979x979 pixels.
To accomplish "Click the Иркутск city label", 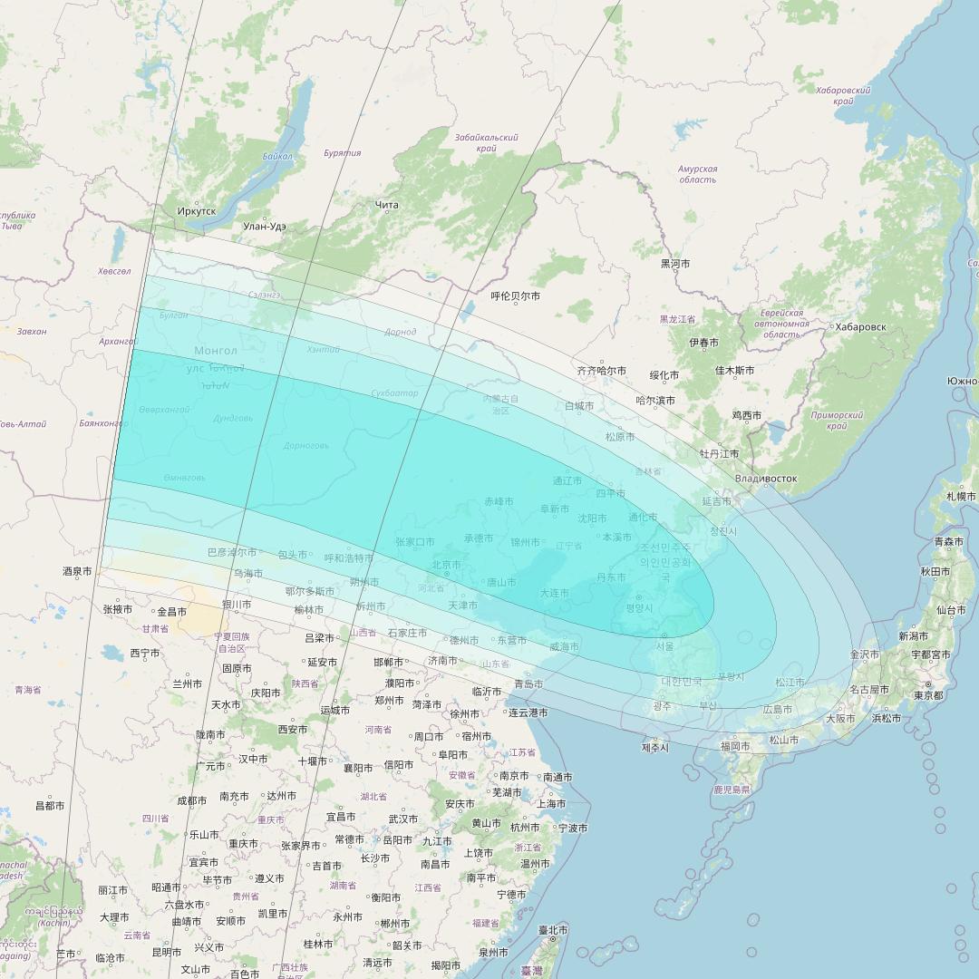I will (x=197, y=211).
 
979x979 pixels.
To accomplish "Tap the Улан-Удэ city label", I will (x=265, y=226).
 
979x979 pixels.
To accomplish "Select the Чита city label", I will (x=387, y=205).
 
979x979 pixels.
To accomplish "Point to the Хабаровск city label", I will (x=860, y=327).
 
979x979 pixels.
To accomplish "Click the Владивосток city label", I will (x=766, y=478).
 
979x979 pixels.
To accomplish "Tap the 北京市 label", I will (x=448, y=565).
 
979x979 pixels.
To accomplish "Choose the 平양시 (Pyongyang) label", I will (x=639, y=608).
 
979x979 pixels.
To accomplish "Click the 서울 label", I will (x=664, y=646).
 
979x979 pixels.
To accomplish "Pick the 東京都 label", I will (x=928, y=695).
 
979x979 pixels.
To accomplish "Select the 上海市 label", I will (x=551, y=803).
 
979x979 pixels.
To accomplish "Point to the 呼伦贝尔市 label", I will (x=515, y=296).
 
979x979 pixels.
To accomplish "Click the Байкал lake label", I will (x=277, y=156).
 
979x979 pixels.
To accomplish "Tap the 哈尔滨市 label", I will (x=654, y=400).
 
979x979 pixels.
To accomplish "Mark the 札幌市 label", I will (x=960, y=496).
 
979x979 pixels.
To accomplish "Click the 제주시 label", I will (x=654, y=747).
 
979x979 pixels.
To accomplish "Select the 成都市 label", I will (x=192, y=800).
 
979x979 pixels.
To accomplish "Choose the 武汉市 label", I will (x=402, y=819).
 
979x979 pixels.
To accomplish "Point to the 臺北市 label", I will (x=553, y=930).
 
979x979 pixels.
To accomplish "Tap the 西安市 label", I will (x=293, y=729).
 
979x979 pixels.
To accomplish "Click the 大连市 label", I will (x=555, y=593).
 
